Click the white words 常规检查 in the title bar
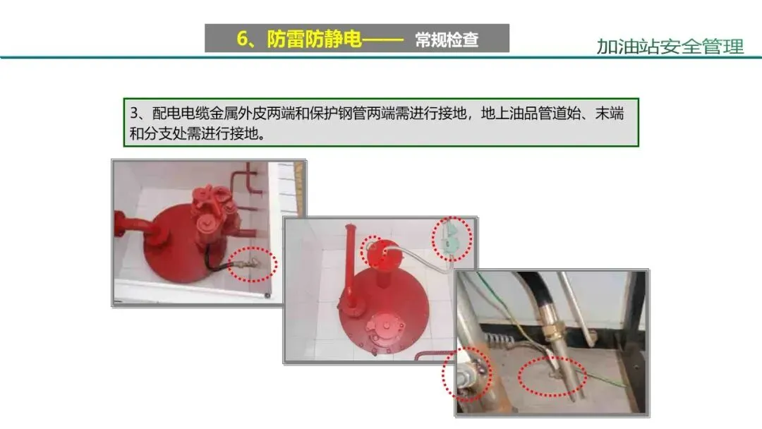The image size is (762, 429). click(447, 40)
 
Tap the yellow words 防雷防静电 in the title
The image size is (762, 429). click(315, 39)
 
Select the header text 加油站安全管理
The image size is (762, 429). click(670, 47)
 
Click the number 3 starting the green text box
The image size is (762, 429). click(134, 113)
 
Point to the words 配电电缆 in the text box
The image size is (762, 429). click(181, 113)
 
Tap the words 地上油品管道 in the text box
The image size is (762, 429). click(524, 113)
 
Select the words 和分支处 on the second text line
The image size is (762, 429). click(158, 133)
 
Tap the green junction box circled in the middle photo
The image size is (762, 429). click(450, 238)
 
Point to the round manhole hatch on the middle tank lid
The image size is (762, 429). click(386, 327)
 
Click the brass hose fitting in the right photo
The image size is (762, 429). click(552, 331)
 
